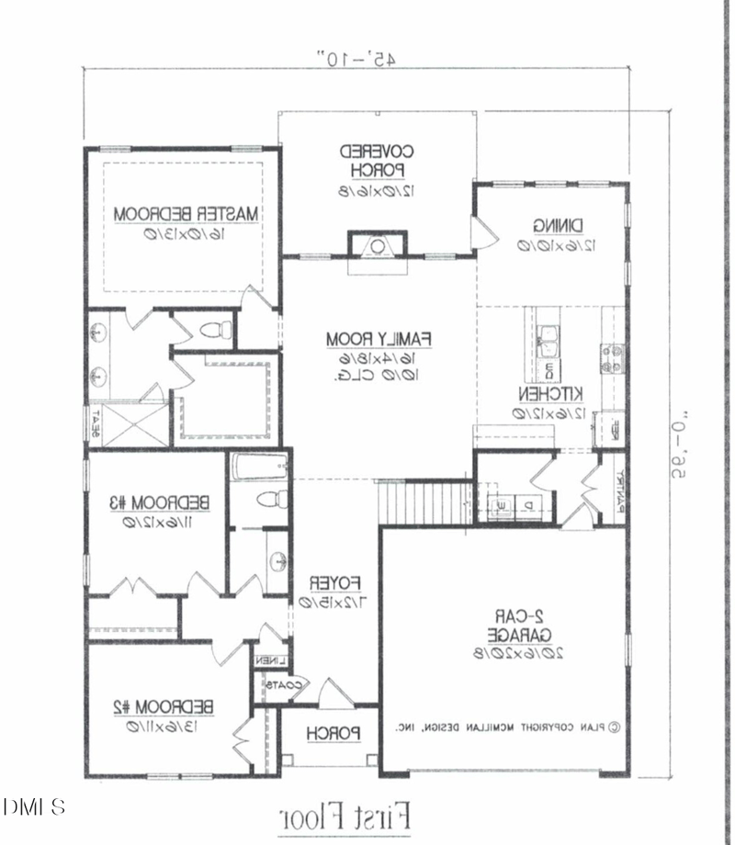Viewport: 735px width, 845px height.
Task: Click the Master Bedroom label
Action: click(x=187, y=214)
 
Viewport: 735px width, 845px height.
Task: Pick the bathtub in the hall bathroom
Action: click(x=261, y=468)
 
